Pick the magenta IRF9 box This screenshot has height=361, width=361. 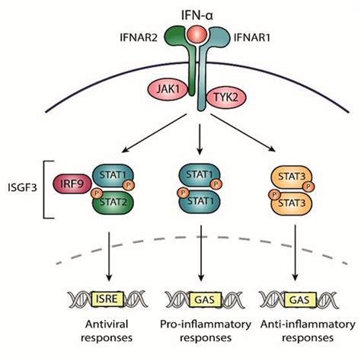click(x=68, y=185)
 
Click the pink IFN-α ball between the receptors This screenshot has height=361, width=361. click(x=181, y=34)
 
